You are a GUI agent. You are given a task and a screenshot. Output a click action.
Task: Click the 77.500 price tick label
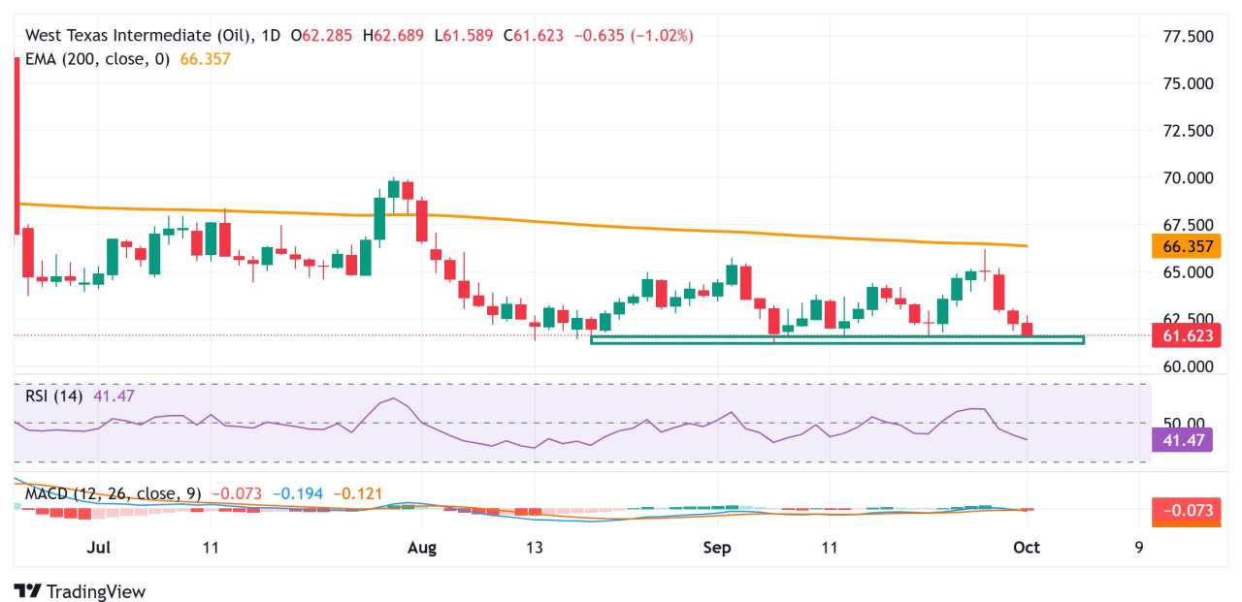(x=1187, y=37)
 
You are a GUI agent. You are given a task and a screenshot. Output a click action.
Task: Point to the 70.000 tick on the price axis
(x=1187, y=178)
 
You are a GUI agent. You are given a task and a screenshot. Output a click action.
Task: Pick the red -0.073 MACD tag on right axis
(x=1186, y=510)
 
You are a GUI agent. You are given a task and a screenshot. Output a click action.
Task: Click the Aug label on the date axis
(x=422, y=548)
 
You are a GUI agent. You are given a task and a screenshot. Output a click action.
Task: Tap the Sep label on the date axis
(x=717, y=548)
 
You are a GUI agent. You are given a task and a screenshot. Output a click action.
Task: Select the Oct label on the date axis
(x=1026, y=548)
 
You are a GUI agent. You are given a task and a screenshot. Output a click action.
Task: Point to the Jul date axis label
(x=97, y=548)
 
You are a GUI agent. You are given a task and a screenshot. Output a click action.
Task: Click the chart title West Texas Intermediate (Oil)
(x=142, y=36)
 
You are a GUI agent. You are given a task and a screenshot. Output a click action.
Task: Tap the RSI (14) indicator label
(x=54, y=396)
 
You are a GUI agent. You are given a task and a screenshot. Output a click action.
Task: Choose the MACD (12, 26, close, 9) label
(x=113, y=494)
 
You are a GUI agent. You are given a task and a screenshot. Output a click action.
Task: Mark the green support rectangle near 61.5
(x=836, y=340)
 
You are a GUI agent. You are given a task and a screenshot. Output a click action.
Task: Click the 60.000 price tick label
(x=1187, y=366)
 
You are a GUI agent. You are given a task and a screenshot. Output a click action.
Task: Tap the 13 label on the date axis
(x=534, y=548)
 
